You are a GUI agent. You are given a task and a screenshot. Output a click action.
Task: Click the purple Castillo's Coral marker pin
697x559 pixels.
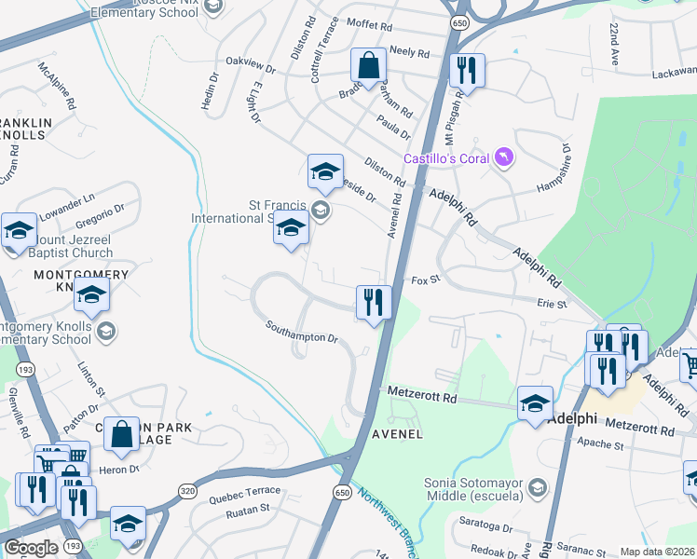pos(504,157)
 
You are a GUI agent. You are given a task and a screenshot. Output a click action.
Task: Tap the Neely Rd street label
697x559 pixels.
pos(409,53)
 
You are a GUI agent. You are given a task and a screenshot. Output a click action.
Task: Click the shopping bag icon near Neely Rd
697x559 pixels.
pos(368,67)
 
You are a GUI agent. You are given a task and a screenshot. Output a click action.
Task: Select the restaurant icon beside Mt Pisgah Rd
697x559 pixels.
pos(465,71)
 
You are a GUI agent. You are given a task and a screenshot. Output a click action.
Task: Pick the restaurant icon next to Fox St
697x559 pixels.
pos(374,302)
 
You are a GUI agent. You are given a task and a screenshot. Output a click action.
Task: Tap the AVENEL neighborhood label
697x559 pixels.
pos(398,434)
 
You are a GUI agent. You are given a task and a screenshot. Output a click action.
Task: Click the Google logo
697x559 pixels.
pos(31,548)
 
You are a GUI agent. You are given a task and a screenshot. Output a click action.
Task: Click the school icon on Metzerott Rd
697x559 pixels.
pos(535,403)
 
